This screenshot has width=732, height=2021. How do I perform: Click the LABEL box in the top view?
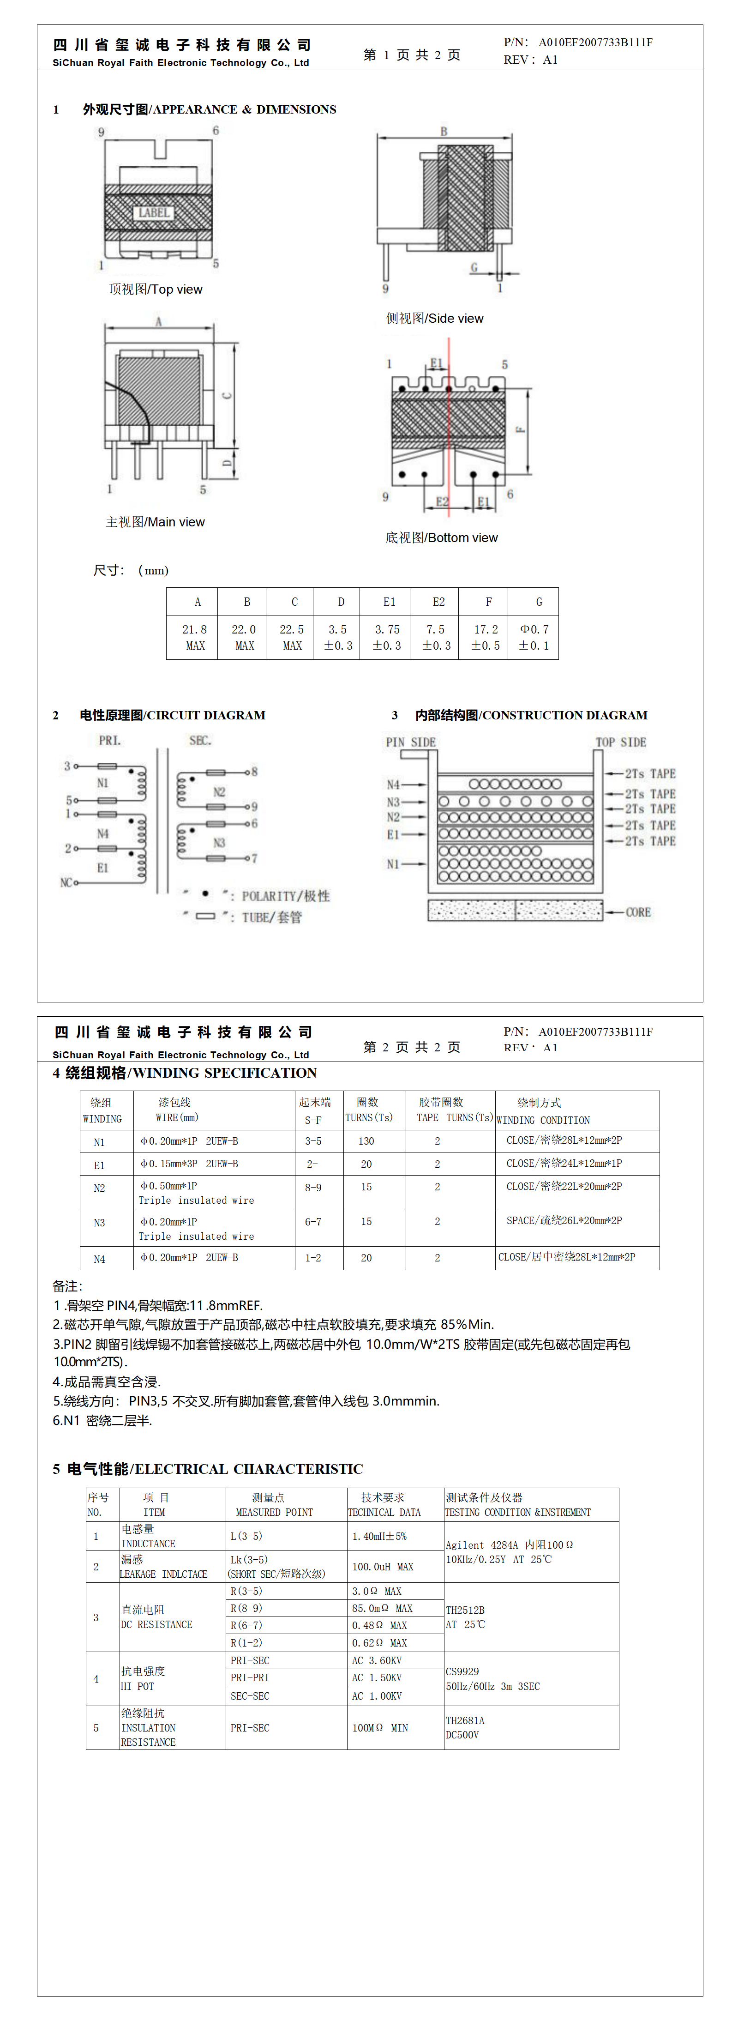154,212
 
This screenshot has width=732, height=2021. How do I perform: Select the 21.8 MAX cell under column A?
195,637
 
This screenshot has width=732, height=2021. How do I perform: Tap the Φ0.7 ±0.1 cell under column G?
534,637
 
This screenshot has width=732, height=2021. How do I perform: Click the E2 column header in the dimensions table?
438,602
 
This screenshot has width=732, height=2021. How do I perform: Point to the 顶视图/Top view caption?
156,290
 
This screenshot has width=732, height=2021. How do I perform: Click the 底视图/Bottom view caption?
441,537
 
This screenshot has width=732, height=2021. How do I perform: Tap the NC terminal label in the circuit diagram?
66,883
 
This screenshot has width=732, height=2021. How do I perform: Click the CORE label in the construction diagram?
638,912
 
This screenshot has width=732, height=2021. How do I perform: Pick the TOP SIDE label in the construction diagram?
621,742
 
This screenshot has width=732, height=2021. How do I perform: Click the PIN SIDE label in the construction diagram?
410,742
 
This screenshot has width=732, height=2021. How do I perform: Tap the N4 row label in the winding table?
99,1259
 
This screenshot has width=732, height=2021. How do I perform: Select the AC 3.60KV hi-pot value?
377,1661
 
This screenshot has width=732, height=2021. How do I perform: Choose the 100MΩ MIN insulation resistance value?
380,1728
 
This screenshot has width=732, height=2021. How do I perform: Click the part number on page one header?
595,42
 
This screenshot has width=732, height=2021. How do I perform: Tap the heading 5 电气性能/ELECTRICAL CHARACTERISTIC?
208,1469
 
